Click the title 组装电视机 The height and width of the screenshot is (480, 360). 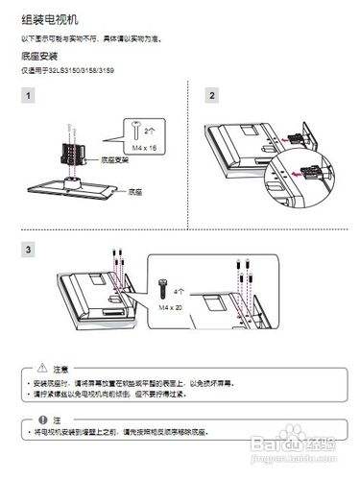(47, 18)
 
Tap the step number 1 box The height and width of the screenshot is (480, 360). (30, 95)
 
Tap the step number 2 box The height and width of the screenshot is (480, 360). (212, 95)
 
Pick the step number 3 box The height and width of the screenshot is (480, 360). (30, 250)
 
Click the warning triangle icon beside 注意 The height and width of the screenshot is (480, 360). (41, 369)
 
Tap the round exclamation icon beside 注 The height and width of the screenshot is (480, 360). (41, 420)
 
